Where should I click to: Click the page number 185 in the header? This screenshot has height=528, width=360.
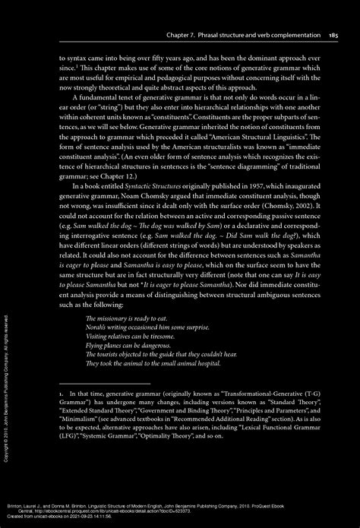pyautogui.click(x=333, y=35)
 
